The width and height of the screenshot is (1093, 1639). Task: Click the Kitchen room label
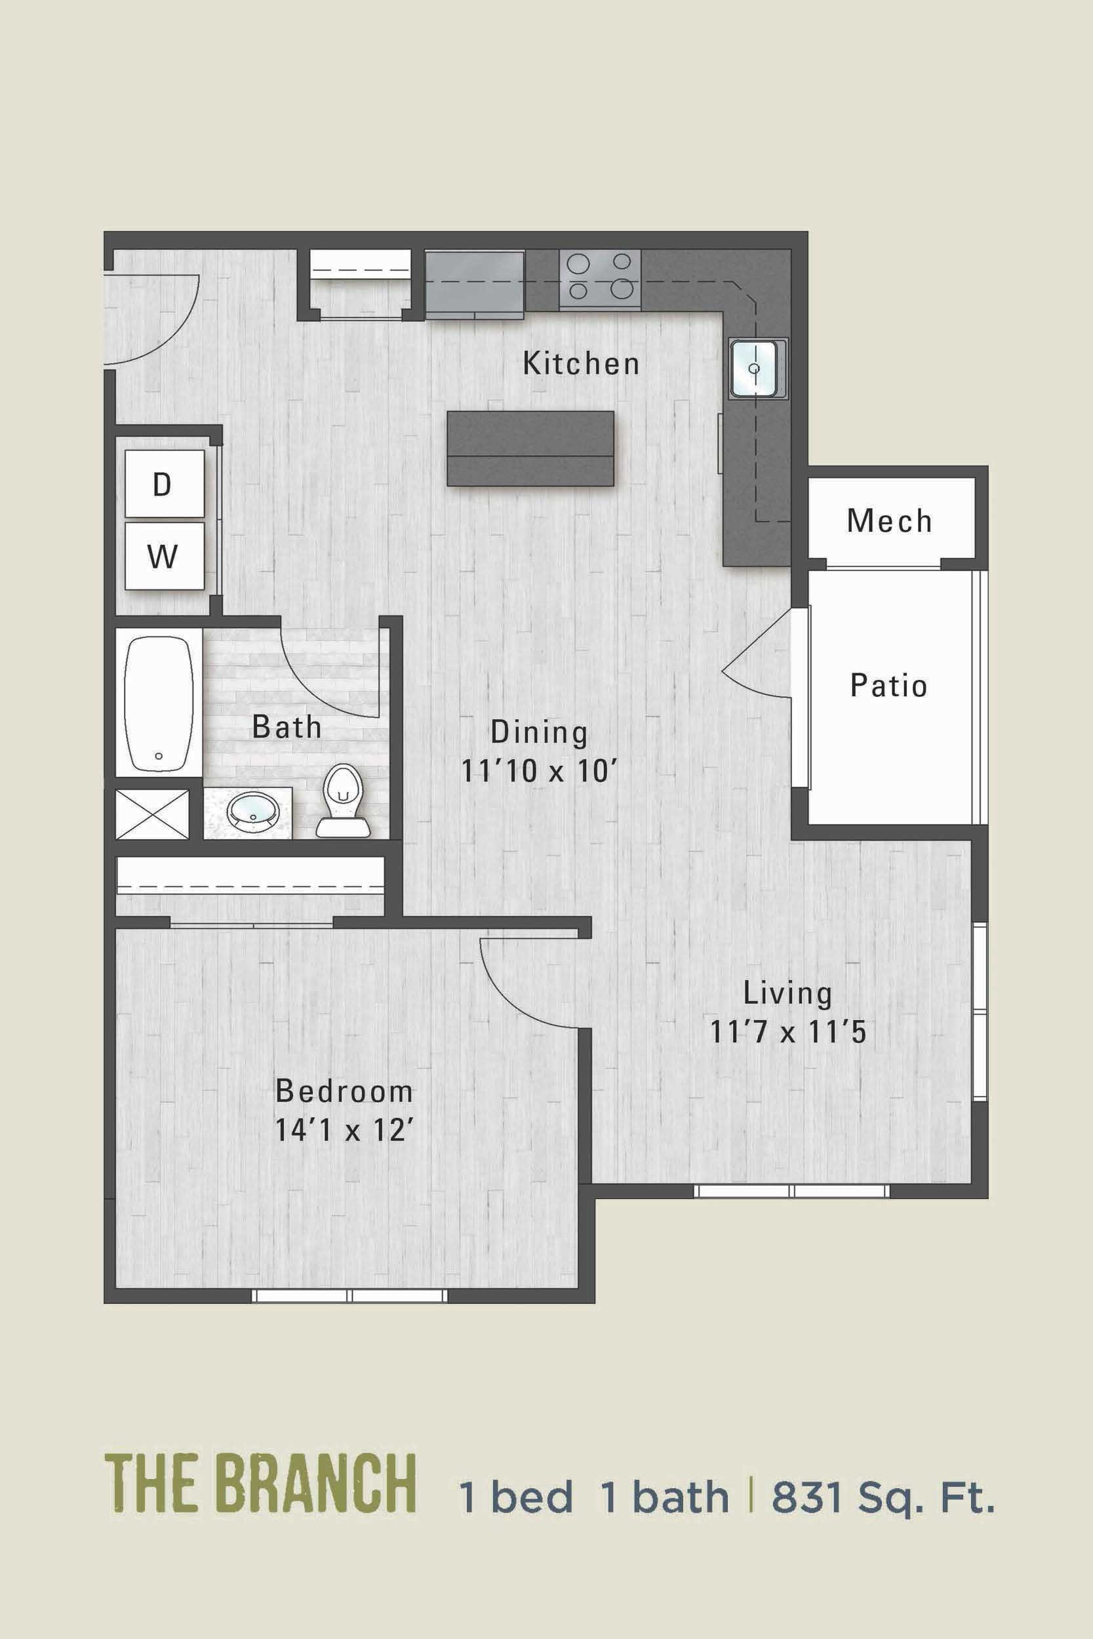(581, 364)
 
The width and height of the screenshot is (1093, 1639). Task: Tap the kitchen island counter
(530, 448)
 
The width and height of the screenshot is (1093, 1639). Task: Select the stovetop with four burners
(599, 279)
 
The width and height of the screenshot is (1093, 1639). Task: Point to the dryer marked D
(164, 484)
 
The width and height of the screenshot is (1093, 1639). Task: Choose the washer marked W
(164, 557)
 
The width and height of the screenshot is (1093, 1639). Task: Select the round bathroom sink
(254, 811)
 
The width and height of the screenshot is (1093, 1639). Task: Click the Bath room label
(287, 728)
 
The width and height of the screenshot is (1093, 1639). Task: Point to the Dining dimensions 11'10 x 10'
(540, 772)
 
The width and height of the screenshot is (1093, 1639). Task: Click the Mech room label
(890, 521)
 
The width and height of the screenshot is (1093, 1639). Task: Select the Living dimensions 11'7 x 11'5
(787, 1032)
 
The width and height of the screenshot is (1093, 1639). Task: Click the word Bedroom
(344, 1092)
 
